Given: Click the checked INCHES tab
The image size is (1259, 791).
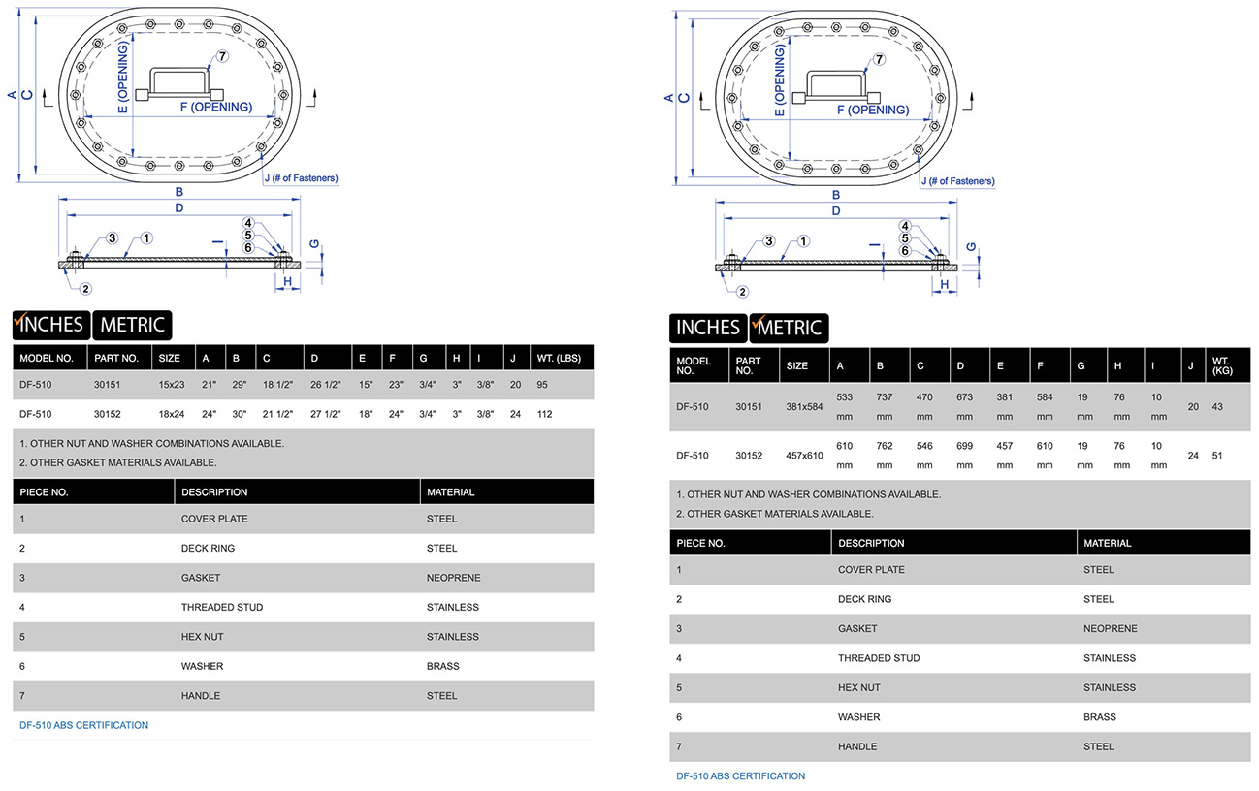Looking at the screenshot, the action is tap(51, 325).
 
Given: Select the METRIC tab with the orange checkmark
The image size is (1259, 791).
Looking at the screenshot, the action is tap(789, 328).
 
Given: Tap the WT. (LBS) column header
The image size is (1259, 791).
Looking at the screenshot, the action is tap(559, 358).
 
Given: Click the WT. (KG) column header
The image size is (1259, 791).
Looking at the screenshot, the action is tap(1222, 365).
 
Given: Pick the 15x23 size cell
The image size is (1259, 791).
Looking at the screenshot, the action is tap(172, 385).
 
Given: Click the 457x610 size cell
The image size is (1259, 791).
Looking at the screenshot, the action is tap(804, 456).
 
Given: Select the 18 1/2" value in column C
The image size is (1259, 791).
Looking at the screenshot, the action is tap(277, 385).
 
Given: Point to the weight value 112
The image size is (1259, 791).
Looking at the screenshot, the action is tap(545, 414).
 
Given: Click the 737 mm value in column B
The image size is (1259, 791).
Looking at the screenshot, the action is tap(884, 407).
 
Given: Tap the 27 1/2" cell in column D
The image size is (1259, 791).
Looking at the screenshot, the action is tap(326, 414).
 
